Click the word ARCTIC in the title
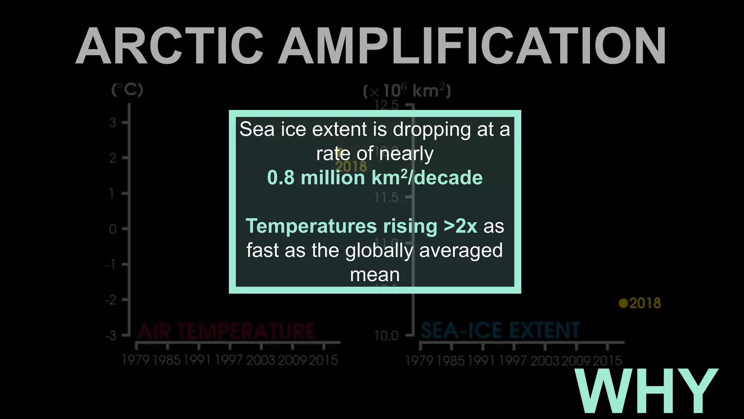point(169,47)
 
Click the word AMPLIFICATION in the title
point(472,47)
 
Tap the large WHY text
point(647,391)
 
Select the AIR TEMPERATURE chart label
point(226,331)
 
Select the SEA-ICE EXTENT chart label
point(500,330)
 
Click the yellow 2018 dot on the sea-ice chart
point(623,303)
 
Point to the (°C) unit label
point(127,89)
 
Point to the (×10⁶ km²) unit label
point(407,91)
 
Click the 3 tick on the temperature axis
point(113,123)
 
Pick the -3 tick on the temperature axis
point(111,335)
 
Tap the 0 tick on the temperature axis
point(113,229)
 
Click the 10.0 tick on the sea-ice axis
point(387,336)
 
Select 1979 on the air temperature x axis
point(136,360)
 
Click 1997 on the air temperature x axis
point(229,360)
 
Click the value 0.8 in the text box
point(280,178)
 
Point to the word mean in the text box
point(375,275)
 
